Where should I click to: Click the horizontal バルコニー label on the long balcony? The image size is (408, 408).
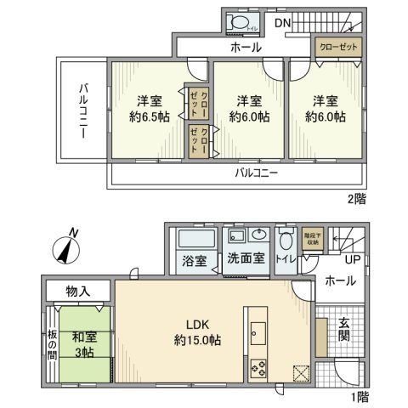[255, 173]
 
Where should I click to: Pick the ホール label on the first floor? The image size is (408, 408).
[340, 280]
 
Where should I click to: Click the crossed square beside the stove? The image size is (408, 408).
[298, 371]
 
